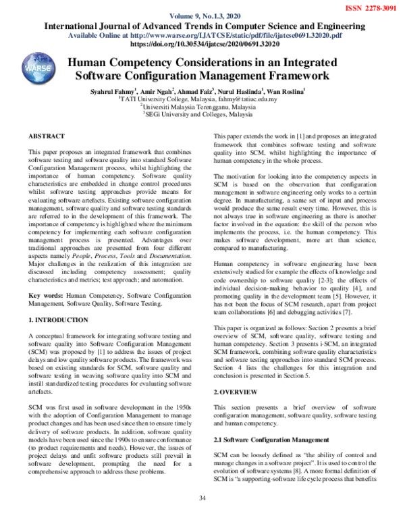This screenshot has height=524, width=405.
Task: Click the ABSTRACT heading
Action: (47, 136)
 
